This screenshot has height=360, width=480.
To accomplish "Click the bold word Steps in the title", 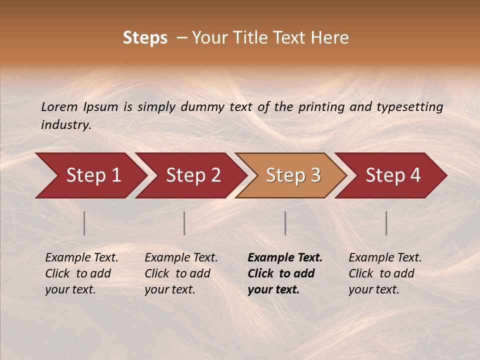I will tap(145, 38).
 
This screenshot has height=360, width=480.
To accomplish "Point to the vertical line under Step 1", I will tap(84, 223).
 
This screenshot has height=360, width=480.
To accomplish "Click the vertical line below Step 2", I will tap(184, 223).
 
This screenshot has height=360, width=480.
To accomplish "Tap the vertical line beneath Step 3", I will tap(285, 223).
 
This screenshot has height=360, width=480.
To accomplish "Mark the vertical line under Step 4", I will tap(386, 223).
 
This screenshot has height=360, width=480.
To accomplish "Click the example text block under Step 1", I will tap(81, 273).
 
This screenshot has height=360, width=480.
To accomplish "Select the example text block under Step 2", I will tap(180, 273).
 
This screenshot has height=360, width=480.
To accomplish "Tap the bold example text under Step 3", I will tap(284, 273).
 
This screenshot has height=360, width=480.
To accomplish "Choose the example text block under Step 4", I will tap(384, 273).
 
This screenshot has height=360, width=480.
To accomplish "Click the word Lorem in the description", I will tap(59, 107).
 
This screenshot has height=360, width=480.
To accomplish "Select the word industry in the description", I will tap(65, 125).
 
